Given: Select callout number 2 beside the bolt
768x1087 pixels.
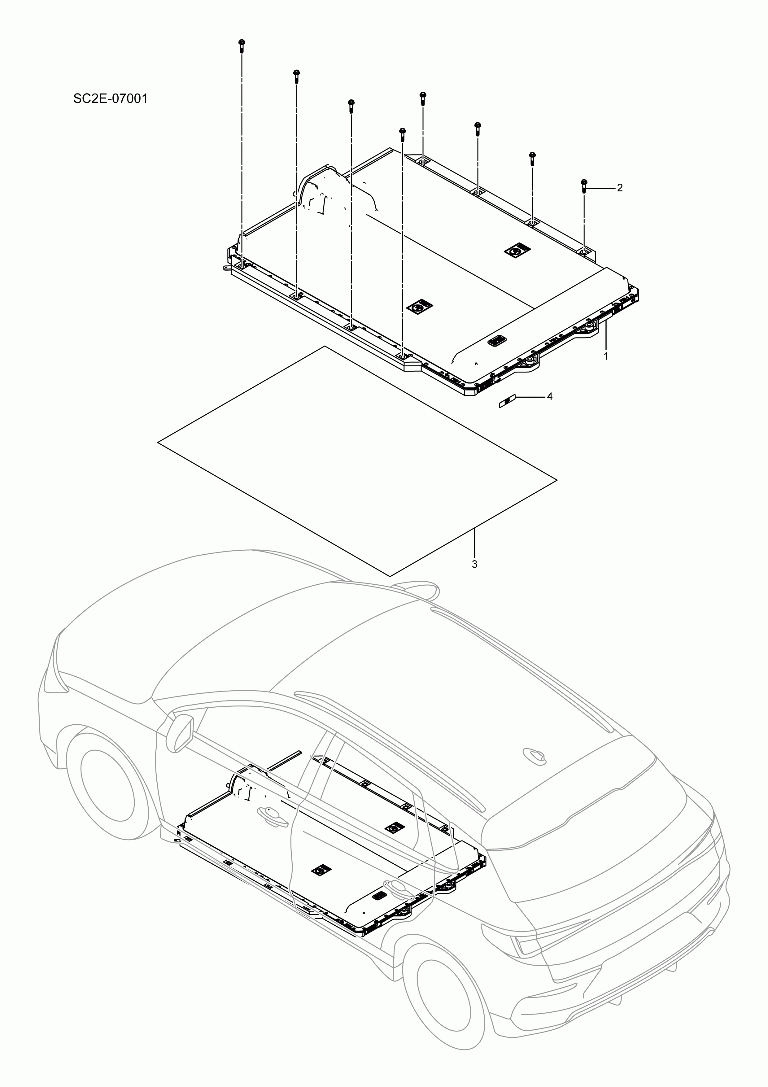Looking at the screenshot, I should (620, 188).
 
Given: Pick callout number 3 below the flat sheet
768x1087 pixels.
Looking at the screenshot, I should (474, 564).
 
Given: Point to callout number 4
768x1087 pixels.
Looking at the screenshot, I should (550, 396).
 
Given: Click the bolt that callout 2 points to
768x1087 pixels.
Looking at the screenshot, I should (583, 185).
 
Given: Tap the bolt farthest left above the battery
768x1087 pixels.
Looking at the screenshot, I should (242, 46).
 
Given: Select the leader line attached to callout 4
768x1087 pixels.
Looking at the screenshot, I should (530, 396).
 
